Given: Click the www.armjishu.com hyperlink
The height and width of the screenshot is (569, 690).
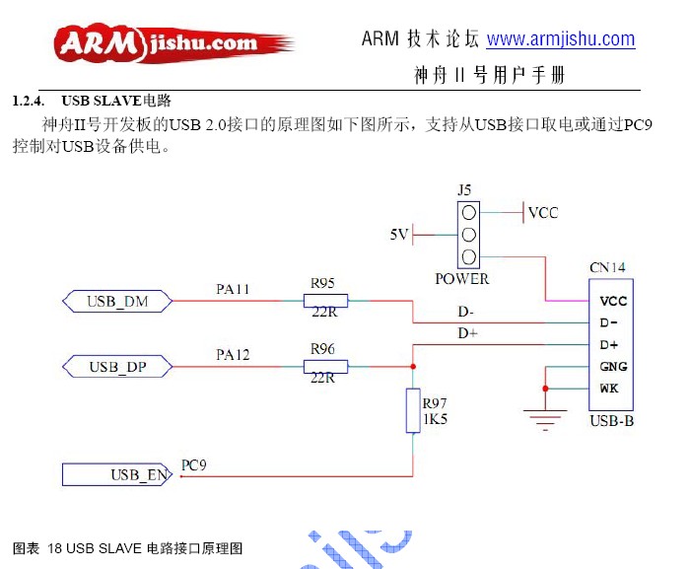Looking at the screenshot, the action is coord(561,39).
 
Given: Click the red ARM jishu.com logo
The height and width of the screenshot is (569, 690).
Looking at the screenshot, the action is coord(173,43).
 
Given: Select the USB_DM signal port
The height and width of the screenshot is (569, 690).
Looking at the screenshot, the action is coord(117,301).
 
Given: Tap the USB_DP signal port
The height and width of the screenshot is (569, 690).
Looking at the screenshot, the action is coord(117,367).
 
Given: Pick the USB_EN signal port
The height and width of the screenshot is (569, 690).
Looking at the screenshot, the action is coord(117,474).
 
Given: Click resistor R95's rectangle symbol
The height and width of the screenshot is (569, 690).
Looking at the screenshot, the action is coord(325,301).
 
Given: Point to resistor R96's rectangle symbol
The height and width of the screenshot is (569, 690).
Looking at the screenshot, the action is coord(325,367).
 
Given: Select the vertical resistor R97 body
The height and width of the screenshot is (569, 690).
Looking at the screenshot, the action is coord(413,410).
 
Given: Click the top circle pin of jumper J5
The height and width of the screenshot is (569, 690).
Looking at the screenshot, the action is coord(468,213).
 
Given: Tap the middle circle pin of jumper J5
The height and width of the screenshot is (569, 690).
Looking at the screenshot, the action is coord(468,235).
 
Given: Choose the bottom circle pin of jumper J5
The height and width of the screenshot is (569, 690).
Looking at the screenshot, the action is coord(468,256).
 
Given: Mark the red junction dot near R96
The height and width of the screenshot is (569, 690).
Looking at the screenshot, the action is coord(413,367).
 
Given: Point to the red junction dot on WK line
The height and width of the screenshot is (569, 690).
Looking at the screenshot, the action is coord(545,389).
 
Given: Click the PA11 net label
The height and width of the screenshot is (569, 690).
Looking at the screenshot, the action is coord(233,289).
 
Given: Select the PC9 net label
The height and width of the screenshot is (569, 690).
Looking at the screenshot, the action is coord(193,465).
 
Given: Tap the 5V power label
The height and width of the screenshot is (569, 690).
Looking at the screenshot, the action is coord(399,235).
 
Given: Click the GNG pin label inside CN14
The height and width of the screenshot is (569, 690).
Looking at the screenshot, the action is coord(613,367).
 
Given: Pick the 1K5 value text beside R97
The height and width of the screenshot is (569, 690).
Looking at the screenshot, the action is coord(436,419).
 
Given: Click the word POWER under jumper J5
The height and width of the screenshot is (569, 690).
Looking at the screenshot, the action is coord(462,279).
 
